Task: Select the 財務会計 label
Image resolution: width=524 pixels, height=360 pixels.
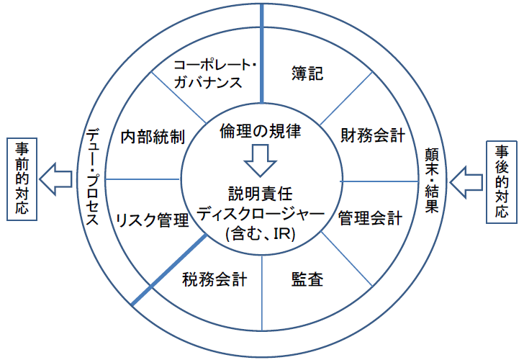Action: click(373, 135)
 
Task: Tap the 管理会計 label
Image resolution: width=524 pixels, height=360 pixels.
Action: click(371, 217)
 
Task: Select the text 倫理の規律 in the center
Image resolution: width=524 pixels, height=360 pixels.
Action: click(258, 131)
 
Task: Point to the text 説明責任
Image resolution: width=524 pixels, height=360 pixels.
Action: click(259, 193)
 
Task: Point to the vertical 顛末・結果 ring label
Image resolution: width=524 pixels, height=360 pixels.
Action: click(430, 177)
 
